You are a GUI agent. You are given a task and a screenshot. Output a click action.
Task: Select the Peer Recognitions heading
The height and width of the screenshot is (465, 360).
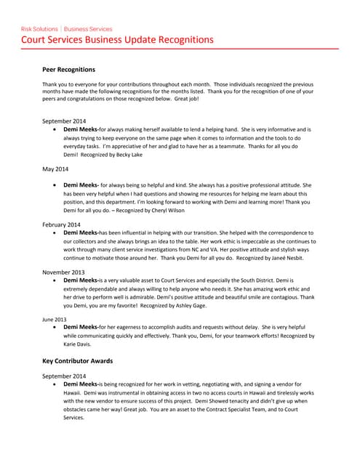tap(69, 70)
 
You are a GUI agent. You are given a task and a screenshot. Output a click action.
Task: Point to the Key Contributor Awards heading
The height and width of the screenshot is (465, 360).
tap(77, 360)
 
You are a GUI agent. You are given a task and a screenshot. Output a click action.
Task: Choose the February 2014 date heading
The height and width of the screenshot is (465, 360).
tap(62, 225)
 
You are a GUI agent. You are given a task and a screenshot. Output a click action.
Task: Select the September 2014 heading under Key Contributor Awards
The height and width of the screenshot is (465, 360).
tap(65, 376)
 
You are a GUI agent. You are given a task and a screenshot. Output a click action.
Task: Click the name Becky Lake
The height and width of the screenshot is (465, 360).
tap(128, 155)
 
